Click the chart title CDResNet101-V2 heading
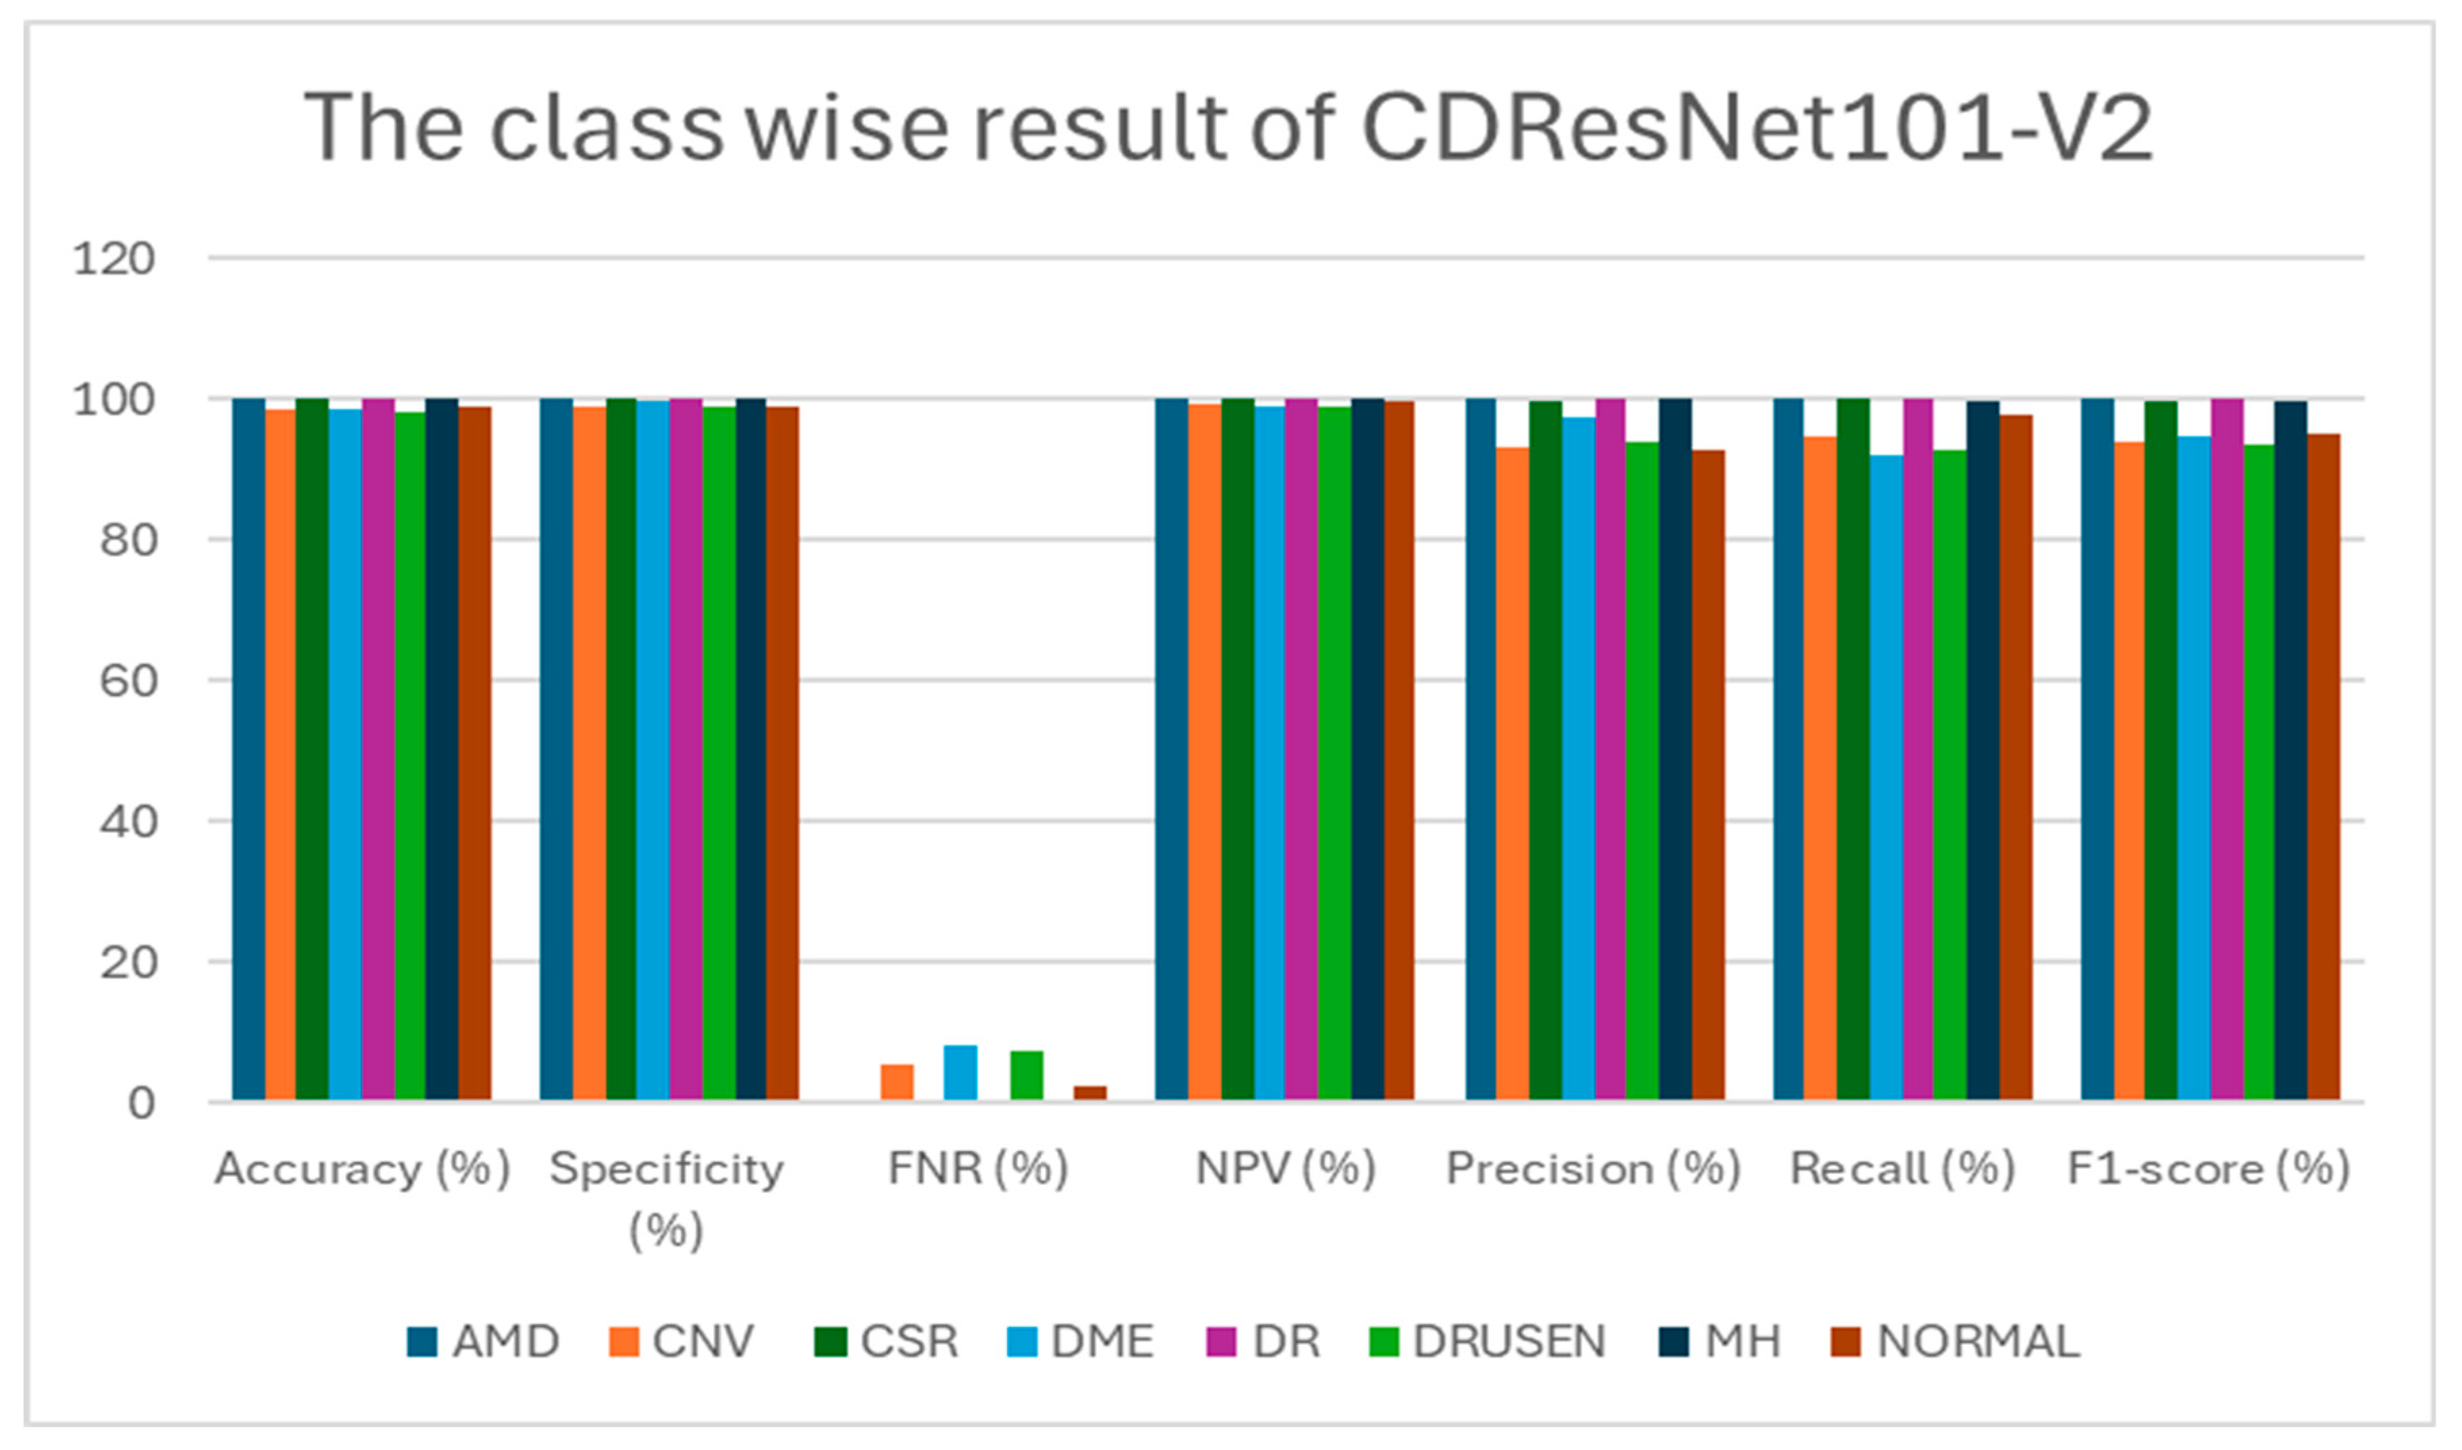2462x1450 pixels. [1228, 128]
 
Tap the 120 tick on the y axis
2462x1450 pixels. [114, 260]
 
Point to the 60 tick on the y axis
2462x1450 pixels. [127, 681]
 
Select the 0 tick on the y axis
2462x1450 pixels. [141, 1103]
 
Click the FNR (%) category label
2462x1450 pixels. [977, 1168]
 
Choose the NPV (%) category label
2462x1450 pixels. [1286, 1168]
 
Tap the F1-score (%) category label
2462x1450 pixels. [2208, 1168]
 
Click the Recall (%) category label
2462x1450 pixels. [1902, 1168]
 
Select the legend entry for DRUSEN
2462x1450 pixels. [1490, 1342]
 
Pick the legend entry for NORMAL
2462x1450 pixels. [1957, 1342]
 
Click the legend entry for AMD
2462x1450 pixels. [484, 1342]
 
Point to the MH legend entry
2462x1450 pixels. [1721, 1342]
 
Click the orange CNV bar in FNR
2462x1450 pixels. [897, 1083]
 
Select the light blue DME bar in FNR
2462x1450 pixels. [960, 1073]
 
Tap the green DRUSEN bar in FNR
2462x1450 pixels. [1027, 1076]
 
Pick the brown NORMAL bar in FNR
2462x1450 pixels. [1090, 1093]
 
